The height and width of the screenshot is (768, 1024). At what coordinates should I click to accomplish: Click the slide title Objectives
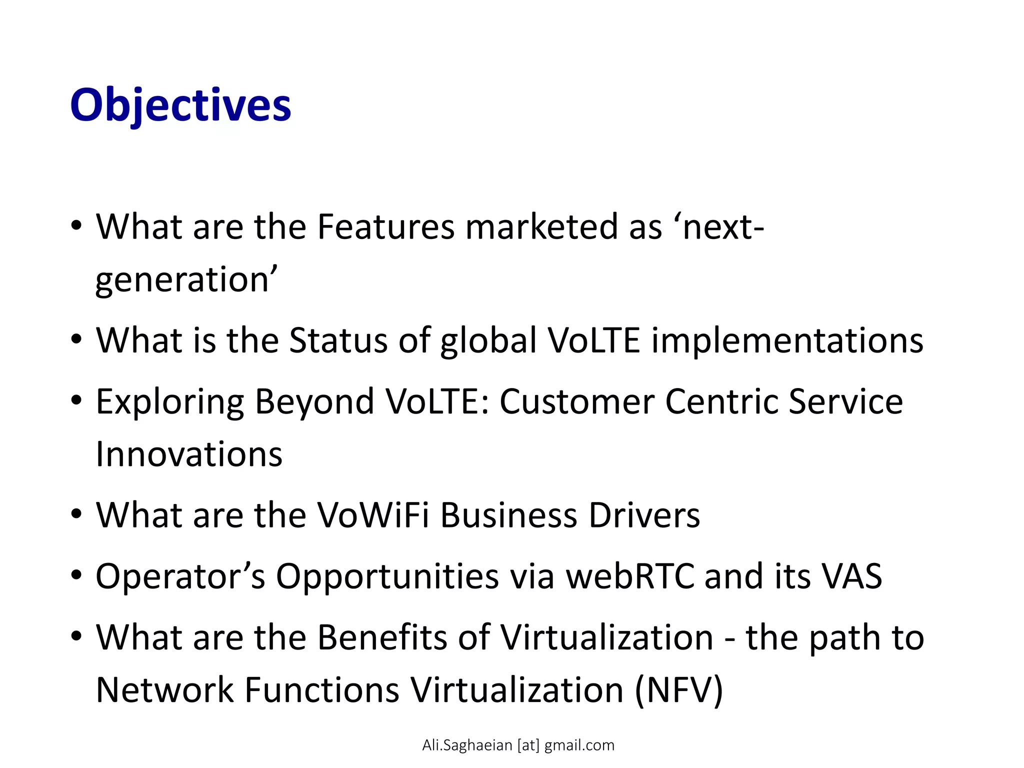pyautogui.click(x=180, y=106)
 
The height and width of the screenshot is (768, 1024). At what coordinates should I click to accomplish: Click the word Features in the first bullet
pyautogui.click(x=385, y=227)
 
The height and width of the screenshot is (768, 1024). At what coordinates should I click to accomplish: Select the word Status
pyautogui.click(x=338, y=341)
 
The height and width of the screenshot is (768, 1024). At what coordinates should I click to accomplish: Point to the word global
pyautogui.click(x=488, y=341)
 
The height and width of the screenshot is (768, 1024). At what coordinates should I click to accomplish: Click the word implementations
pyautogui.click(x=787, y=341)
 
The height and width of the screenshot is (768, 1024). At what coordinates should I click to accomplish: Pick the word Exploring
pyautogui.click(x=170, y=402)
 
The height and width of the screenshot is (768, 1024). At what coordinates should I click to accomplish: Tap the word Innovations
pyautogui.click(x=189, y=454)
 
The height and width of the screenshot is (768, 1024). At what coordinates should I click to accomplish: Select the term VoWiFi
pyautogui.click(x=373, y=515)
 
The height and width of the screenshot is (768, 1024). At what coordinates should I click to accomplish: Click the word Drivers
pyautogui.click(x=644, y=515)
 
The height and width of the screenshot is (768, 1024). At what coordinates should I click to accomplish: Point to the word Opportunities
pyautogui.click(x=387, y=577)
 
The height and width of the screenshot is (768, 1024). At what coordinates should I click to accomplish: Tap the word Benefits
pyautogui.click(x=382, y=638)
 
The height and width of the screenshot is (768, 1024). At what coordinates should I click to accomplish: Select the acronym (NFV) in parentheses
pyautogui.click(x=679, y=690)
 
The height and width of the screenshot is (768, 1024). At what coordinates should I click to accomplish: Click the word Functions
pyautogui.click(x=322, y=690)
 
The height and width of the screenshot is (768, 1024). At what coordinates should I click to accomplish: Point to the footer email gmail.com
pyautogui.click(x=579, y=745)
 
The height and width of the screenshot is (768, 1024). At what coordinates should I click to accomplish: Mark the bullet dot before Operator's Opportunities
pyautogui.click(x=76, y=575)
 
